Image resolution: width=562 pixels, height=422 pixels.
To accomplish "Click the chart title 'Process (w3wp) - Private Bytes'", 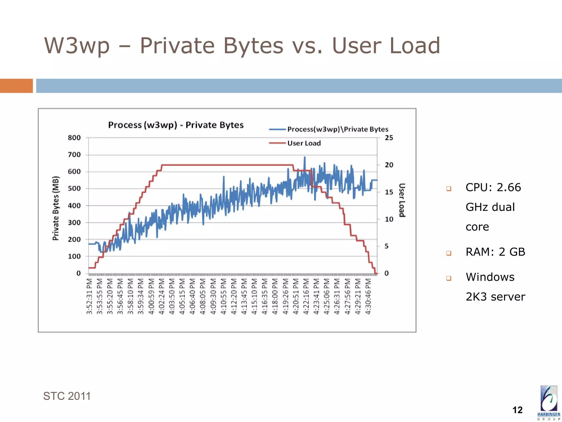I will (176, 125).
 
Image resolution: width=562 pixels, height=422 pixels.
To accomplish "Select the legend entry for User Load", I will (304, 143).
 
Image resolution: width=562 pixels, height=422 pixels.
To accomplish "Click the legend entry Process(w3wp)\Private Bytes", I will (338, 129).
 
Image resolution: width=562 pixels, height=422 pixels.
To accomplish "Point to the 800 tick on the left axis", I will (74, 138).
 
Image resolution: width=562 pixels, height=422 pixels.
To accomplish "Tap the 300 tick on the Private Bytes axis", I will (74, 223).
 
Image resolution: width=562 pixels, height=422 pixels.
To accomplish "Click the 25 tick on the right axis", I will (389, 138).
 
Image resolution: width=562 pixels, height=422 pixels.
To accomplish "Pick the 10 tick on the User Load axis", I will (389, 219).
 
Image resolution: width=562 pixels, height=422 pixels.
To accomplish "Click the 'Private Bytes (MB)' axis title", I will (56, 208).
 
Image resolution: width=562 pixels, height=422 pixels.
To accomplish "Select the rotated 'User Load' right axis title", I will (402, 200).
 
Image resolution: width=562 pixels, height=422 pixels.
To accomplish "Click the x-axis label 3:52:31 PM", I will (89, 296).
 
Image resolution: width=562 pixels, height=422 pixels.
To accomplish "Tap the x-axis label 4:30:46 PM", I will (368, 296).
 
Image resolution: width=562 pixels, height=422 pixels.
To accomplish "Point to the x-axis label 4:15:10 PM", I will (254, 296).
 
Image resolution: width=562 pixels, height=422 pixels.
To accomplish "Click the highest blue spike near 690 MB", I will (305, 157).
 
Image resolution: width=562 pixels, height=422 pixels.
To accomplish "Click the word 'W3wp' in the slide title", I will (77, 46).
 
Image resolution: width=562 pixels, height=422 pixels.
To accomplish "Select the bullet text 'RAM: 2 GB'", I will (495, 252).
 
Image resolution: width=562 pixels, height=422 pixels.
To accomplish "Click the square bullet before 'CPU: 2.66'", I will (449, 188).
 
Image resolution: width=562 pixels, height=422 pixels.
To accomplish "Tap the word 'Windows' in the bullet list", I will (490, 277).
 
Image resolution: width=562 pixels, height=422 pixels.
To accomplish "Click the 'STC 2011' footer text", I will (67, 396).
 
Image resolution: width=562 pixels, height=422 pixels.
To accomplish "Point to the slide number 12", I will (517, 410).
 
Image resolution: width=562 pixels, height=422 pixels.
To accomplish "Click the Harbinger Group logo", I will (549, 402).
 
